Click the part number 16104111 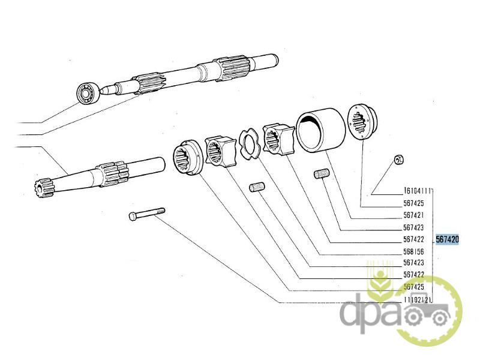click(x=417, y=191)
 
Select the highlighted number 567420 click(x=447, y=239)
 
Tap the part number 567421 click(x=413, y=215)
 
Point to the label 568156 click(x=413, y=251)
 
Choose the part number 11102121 click(x=418, y=299)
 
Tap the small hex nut click(x=398, y=160)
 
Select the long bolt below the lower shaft click(x=147, y=214)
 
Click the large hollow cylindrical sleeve click(x=320, y=130)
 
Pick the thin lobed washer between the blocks click(x=250, y=143)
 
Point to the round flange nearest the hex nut click(x=362, y=122)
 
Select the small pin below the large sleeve click(x=322, y=174)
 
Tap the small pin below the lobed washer click(x=257, y=187)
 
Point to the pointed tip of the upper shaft click(x=100, y=91)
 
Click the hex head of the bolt click(x=133, y=217)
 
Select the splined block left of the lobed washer click(x=220, y=152)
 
